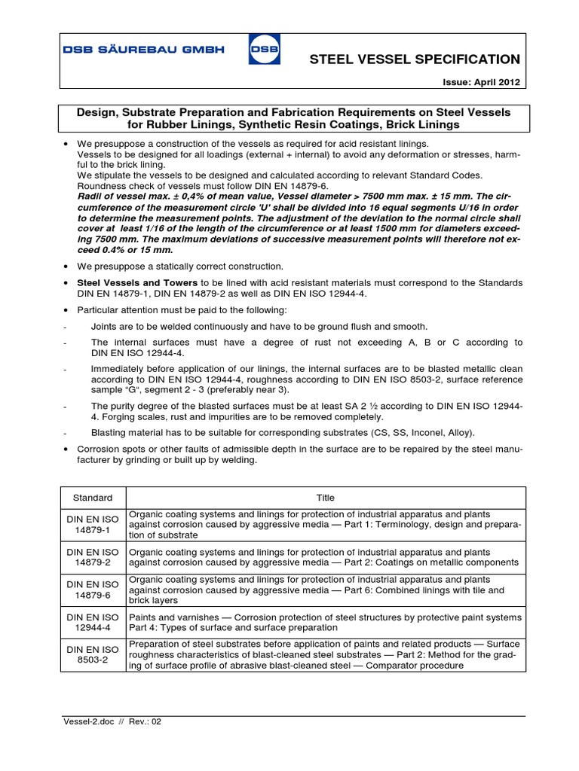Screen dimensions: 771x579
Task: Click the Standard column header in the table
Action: click(x=92, y=498)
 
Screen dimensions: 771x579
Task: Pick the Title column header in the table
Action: click(x=325, y=498)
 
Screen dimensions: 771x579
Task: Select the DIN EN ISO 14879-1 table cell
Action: click(x=92, y=525)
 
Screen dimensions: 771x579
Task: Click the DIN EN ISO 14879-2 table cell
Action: click(x=92, y=557)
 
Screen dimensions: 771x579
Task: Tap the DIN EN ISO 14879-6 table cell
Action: click(x=92, y=590)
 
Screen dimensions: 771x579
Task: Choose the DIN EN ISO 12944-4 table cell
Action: click(x=92, y=623)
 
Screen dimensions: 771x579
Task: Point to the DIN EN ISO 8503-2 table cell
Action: click(x=92, y=655)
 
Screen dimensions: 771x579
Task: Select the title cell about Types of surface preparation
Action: click(x=325, y=623)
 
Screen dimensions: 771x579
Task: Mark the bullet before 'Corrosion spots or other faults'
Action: click(x=67, y=449)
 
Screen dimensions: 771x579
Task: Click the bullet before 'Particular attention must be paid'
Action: click(x=67, y=310)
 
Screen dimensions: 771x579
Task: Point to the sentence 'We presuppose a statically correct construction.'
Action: click(x=180, y=267)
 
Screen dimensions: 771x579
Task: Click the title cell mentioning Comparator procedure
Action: click(x=325, y=655)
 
